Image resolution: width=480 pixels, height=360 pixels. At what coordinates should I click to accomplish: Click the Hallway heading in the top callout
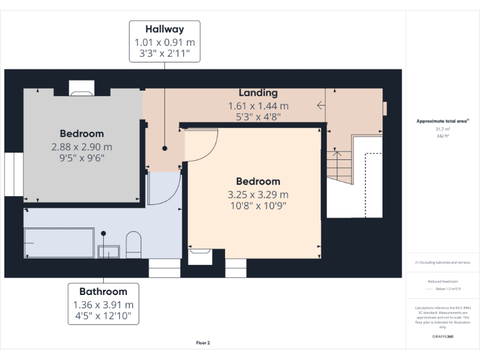pyautogui.click(x=164, y=29)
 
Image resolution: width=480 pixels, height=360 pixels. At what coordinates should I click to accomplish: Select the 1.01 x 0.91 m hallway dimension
pyautogui.click(x=164, y=42)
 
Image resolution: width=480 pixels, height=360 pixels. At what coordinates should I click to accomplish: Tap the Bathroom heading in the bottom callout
pyautogui.click(x=103, y=291)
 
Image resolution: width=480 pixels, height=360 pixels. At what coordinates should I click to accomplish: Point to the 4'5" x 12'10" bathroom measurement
pyautogui.click(x=103, y=317)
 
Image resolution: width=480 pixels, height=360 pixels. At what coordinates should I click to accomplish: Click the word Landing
pyautogui.click(x=258, y=93)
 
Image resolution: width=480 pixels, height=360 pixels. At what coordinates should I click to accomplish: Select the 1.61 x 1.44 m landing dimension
pyautogui.click(x=258, y=106)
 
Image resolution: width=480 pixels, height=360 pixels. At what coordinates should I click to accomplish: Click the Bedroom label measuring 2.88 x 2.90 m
pyautogui.click(x=82, y=133)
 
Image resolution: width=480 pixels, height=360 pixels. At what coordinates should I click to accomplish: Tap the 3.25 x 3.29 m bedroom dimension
pyautogui.click(x=258, y=194)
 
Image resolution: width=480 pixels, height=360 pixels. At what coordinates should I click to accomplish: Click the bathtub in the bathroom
pyautogui.click(x=58, y=242)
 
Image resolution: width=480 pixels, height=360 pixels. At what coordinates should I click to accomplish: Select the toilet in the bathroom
pyautogui.click(x=134, y=244)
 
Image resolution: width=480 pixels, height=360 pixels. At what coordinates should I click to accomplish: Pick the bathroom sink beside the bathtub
pyautogui.click(x=108, y=251)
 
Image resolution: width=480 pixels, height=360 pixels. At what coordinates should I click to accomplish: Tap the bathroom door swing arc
pyautogui.click(x=164, y=189)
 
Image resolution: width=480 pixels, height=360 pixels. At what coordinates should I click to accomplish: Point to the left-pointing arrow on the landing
pyautogui.click(x=321, y=106)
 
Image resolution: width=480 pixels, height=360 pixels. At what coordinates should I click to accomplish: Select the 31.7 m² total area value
pyautogui.click(x=442, y=129)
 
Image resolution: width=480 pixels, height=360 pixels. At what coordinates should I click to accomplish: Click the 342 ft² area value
pyautogui.click(x=442, y=136)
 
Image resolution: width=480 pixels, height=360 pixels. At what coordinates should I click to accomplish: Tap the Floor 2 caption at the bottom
pyautogui.click(x=203, y=342)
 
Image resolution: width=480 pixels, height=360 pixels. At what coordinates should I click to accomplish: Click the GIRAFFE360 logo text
pyautogui.click(x=442, y=336)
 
